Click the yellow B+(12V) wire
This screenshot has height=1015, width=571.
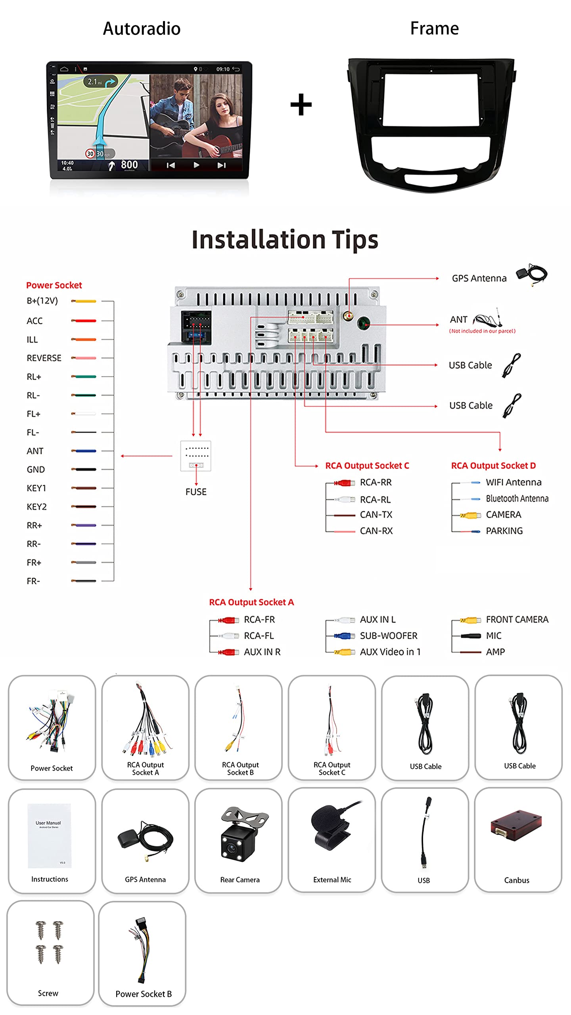tap(84, 301)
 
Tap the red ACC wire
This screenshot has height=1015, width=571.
tap(84, 320)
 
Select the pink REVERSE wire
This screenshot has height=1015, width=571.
tap(84, 358)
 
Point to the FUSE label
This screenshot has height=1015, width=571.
tap(196, 492)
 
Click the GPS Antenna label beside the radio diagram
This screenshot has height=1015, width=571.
tap(479, 278)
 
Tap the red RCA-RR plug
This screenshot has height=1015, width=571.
tap(344, 483)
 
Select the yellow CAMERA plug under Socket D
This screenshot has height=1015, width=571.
tap(470, 515)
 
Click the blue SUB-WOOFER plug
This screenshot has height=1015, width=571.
tap(344, 636)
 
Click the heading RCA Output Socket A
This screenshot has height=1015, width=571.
tap(251, 602)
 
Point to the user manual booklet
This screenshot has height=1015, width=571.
tap(50, 835)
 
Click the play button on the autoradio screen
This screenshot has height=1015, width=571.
tap(196, 165)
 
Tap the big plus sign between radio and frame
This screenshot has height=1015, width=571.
tap(301, 105)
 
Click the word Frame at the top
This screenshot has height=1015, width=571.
tap(434, 29)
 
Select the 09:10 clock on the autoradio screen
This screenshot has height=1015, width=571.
tap(223, 69)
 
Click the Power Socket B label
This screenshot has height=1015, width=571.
tap(144, 994)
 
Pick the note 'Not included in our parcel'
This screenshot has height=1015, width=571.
tap(482, 331)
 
